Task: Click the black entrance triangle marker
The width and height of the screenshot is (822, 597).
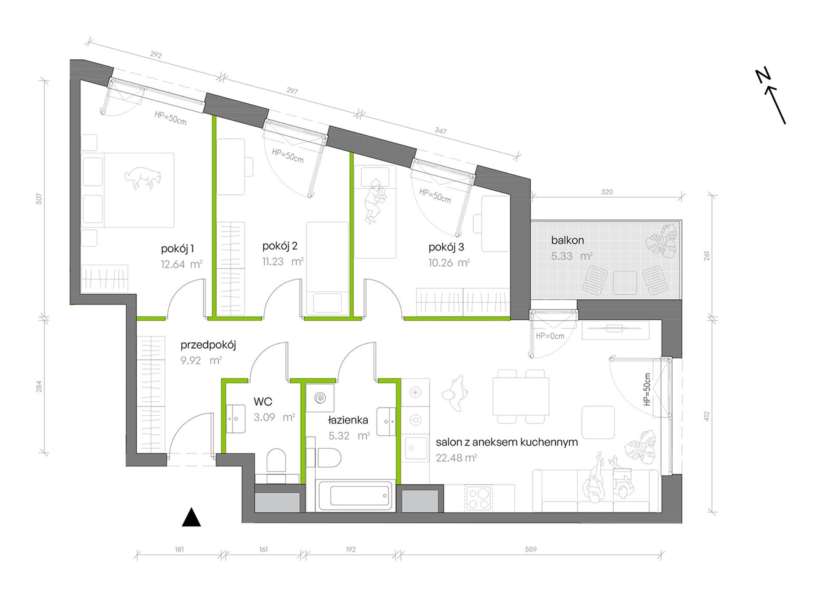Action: [x=191, y=517]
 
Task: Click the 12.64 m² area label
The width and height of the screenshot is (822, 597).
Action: [x=181, y=264]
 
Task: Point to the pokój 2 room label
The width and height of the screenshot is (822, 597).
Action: [x=279, y=246]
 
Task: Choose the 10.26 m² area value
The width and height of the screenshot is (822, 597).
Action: [x=449, y=263]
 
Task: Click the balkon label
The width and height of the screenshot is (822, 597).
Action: [x=567, y=240]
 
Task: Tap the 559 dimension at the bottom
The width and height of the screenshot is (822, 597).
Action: [x=531, y=549]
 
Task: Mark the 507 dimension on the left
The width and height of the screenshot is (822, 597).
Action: [x=39, y=199]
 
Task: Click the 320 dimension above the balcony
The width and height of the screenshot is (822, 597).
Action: [x=607, y=192]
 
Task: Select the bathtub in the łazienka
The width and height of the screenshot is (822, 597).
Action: [x=355, y=496]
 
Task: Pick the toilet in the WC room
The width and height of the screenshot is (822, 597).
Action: [x=276, y=460]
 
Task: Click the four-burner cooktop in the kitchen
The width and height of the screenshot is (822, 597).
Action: [x=478, y=498]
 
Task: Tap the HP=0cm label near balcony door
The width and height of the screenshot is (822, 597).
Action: [x=550, y=336]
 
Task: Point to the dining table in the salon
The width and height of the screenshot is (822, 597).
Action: [x=521, y=396]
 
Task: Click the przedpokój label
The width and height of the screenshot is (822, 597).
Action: [x=208, y=345]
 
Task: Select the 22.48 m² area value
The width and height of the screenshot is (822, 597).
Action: [x=456, y=458]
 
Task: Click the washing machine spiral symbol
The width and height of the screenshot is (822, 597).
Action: [x=320, y=398]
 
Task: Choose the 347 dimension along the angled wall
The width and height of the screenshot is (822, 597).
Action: [x=440, y=131]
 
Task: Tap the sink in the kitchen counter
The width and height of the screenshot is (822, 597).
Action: [x=415, y=448]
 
